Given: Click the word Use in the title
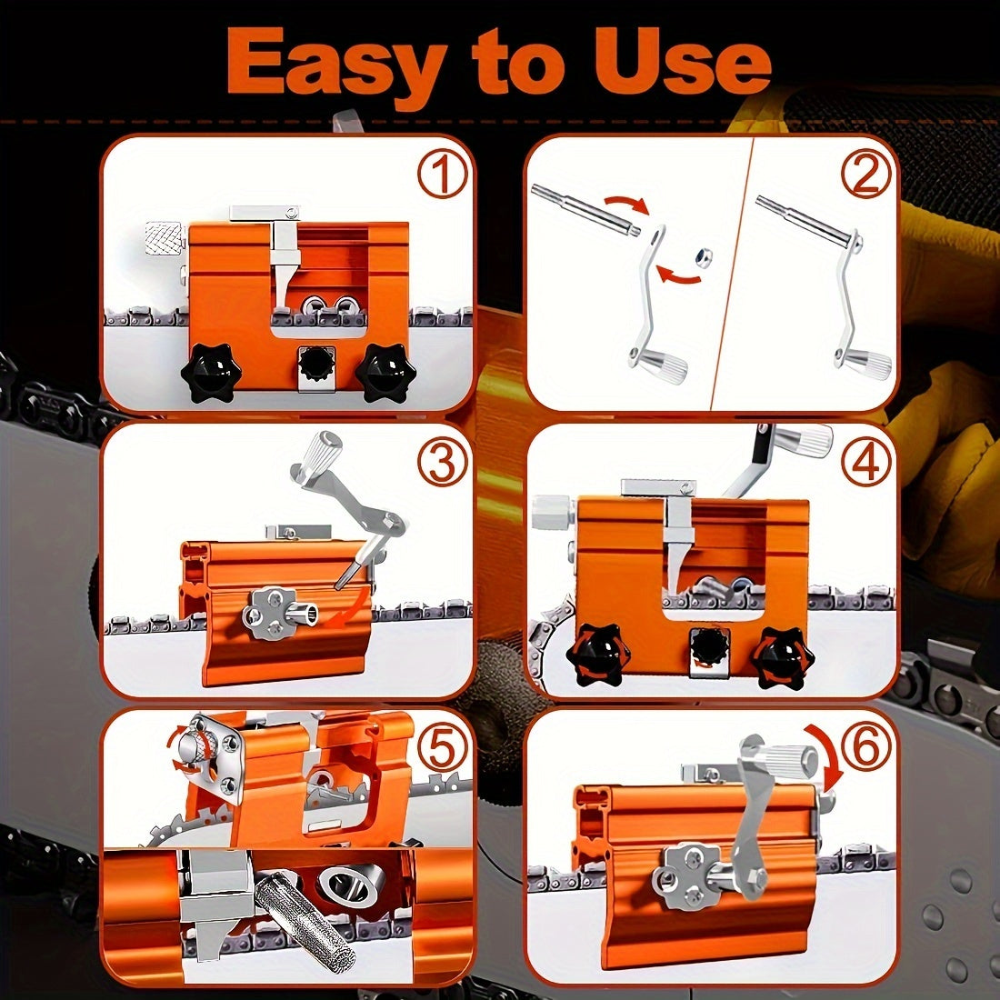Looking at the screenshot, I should (684, 62).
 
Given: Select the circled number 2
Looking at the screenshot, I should (865, 175).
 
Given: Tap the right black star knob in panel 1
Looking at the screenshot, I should (385, 370).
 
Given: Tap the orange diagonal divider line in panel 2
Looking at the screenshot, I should (732, 273).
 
